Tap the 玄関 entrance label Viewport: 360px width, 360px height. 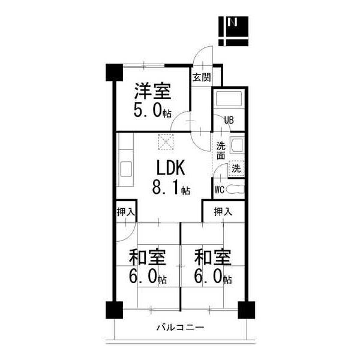pyautogui.click(x=200, y=77)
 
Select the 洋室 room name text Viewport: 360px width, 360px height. pyautogui.click(x=152, y=92)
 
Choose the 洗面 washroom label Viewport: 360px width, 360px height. pyautogui.click(x=221, y=151)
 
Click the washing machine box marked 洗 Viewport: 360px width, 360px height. pyautogui.click(x=237, y=169)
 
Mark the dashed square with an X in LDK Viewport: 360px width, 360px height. pyautogui.click(x=164, y=143)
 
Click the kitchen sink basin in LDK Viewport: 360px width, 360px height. pyautogui.click(x=126, y=169)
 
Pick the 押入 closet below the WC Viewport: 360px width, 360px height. pyautogui.click(x=223, y=211)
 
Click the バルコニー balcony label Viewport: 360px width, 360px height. pyautogui.click(x=180, y=328)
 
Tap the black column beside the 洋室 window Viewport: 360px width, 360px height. pyautogui.click(x=113, y=72)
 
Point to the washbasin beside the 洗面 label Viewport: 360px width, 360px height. pyautogui.click(x=236, y=145)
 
